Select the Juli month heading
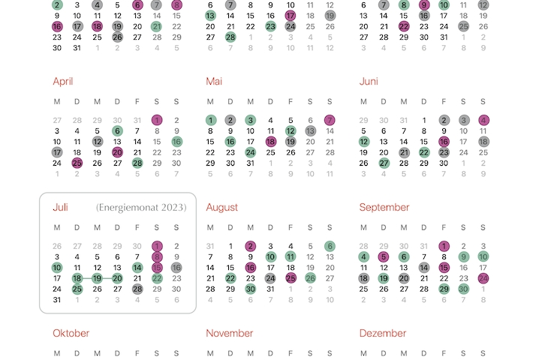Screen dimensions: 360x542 (61, 207)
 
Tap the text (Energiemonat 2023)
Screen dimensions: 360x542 (140, 207)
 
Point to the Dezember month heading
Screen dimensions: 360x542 (383, 333)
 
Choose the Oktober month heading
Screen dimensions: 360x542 (71, 333)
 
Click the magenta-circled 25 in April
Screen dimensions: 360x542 (77, 163)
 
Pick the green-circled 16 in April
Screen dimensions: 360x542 (176, 141)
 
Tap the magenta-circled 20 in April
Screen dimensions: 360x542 (117, 152)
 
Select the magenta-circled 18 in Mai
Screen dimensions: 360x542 (270, 141)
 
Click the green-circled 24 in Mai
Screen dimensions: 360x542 (250, 152)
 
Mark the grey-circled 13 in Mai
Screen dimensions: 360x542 (310, 130)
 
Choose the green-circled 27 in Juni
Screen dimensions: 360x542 (384, 163)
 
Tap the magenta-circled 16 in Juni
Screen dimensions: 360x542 (444, 141)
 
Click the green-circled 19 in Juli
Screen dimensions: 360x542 (97, 278)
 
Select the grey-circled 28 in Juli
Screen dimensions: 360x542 (137, 289)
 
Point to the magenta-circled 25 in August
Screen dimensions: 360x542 (291, 278)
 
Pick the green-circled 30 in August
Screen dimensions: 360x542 (250, 289)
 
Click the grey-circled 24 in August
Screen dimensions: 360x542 (270, 278)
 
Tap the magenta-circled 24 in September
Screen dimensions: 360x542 (483, 278)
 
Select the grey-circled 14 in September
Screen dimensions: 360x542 (424, 267)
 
